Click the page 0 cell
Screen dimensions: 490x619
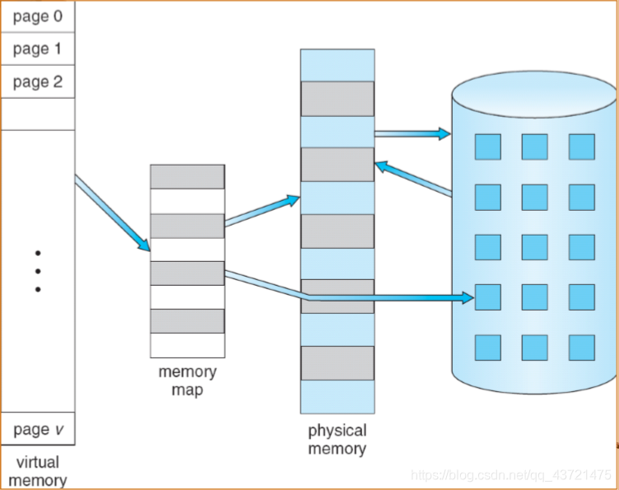[x=37, y=16]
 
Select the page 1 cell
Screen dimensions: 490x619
[x=37, y=49]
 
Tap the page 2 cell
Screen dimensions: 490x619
[x=37, y=82]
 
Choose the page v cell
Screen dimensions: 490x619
[x=37, y=428]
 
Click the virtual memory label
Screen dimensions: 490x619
[x=37, y=470]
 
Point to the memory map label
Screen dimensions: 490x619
[x=187, y=380]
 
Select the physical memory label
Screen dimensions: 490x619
[x=337, y=440]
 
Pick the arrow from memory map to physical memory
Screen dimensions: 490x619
[x=262, y=210]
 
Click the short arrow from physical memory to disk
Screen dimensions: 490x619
[x=412, y=133]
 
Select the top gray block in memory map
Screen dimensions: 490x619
[x=187, y=176]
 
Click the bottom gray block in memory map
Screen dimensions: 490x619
[x=187, y=320]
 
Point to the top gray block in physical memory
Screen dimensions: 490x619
[x=337, y=98]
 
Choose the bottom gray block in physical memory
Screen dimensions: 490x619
[x=337, y=362]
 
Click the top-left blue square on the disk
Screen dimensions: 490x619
[x=487, y=147]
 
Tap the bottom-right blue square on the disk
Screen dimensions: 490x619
[x=581, y=347]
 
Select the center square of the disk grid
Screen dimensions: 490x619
[x=534, y=247]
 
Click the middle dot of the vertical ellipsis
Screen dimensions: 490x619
[x=38, y=271]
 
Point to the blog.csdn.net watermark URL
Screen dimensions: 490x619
[x=511, y=475]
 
